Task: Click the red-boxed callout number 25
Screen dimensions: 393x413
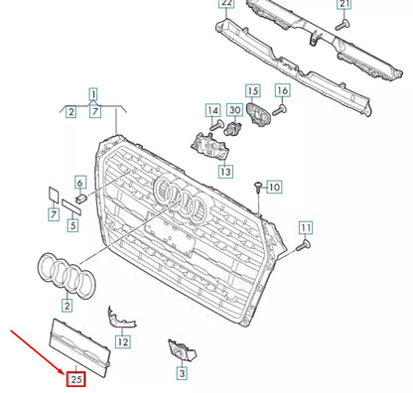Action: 74,378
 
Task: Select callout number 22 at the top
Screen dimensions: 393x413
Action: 226,4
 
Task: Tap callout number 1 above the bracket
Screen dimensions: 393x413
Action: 94,95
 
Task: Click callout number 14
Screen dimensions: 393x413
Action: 213,110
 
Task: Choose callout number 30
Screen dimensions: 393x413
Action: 234,110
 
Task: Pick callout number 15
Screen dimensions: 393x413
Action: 253,91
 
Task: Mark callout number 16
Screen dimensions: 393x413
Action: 282,91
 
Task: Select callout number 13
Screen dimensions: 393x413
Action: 226,171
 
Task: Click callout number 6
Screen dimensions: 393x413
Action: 80,183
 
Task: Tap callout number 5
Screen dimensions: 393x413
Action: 72,225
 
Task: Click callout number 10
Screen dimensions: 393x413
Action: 274,187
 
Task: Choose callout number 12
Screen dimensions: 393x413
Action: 122,341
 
